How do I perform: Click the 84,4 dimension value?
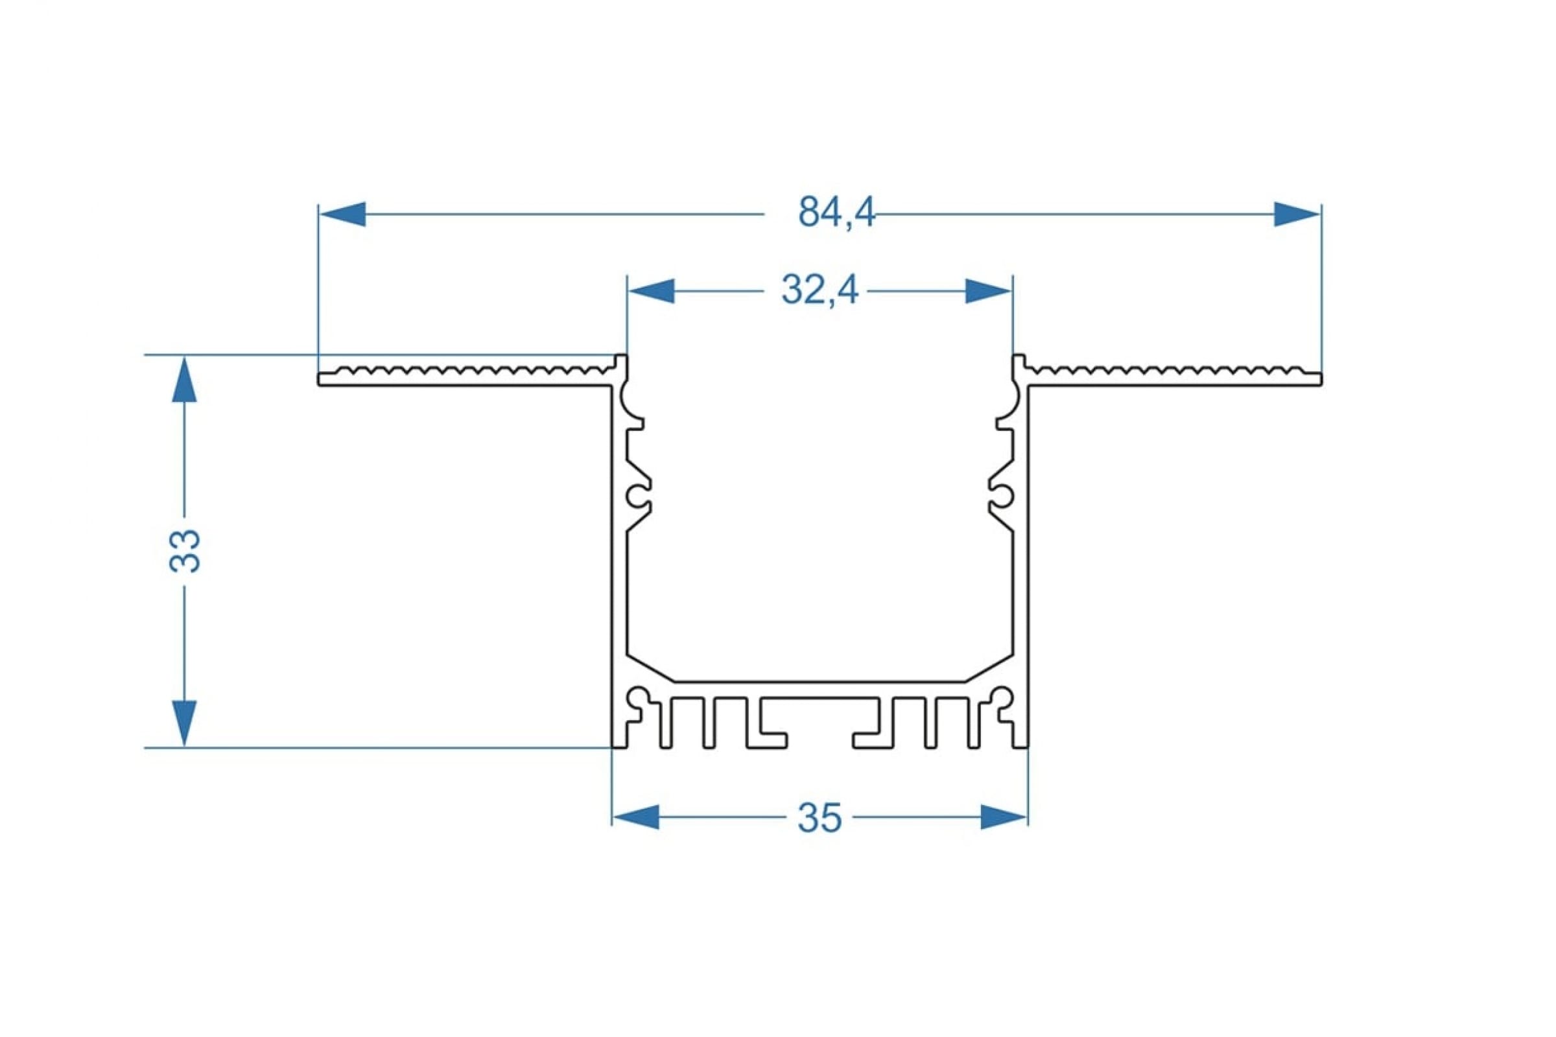(x=836, y=213)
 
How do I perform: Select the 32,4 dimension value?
(x=819, y=290)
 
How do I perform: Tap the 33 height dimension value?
(x=185, y=550)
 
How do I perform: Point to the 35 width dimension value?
(x=819, y=818)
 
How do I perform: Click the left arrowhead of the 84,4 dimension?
(x=342, y=215)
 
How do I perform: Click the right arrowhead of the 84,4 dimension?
(x=1297, y=215)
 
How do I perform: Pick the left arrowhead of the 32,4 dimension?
(x=651, y=291)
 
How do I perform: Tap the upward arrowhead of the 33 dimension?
(x=185, y=379)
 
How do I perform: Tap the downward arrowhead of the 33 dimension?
(x=185, y=723)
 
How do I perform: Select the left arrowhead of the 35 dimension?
(x=637, y=817)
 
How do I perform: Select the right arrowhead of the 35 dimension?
(x=1004, y=817)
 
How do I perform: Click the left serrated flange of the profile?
(x=466, y=376)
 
